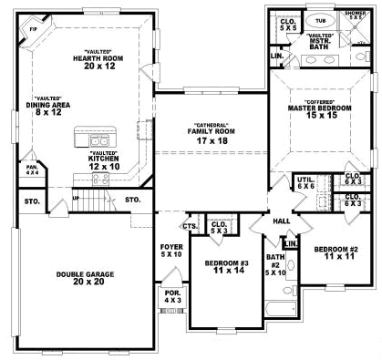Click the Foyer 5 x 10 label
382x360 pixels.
171,248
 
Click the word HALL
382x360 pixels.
282,221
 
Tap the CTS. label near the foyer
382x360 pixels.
190,226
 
